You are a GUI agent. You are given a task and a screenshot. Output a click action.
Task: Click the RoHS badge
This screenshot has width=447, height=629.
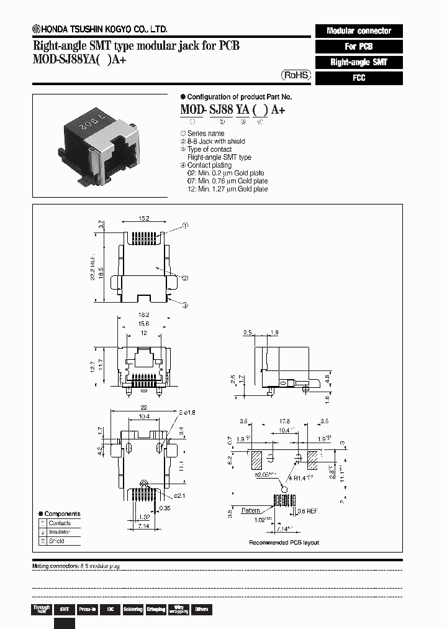(x=296, y=75)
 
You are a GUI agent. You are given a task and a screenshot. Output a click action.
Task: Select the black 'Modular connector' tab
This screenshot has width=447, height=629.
(x=359, y=30)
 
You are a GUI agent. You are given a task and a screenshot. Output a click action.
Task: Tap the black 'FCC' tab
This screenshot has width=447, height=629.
(x=359, y=78)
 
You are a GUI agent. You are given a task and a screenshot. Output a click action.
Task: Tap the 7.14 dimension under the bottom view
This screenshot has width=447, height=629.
(x=143, y=526)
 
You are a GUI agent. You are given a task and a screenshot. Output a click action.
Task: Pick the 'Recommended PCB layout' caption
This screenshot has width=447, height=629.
(x=284, y=543)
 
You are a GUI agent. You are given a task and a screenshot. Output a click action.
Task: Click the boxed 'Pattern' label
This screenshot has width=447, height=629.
(x=251, y=510)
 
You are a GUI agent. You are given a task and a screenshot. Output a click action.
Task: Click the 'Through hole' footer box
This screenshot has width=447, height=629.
(x=42, y=610)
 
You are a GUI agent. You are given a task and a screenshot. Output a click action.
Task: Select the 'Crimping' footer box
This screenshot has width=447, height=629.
(x=155, y=610)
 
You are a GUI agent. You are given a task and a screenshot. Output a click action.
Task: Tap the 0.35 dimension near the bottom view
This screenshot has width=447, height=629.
(x=164, y=508)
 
